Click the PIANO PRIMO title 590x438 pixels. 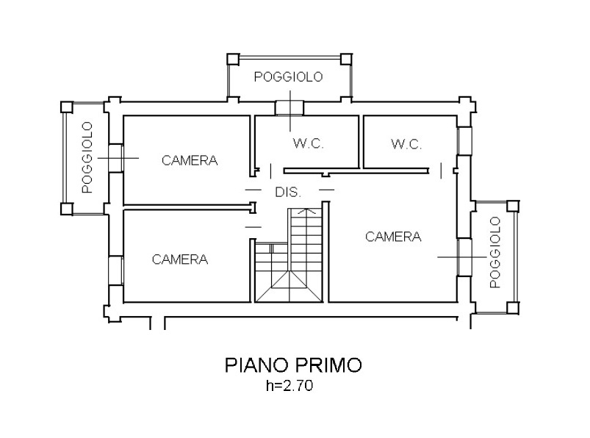[293, 365]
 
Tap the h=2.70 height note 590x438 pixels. [289, 386]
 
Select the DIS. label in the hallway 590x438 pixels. [288, 193]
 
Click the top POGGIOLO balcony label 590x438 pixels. [288, 76]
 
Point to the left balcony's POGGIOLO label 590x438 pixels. [87, 157]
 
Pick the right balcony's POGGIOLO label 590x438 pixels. [495, 253]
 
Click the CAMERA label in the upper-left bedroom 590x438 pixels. [190, 161]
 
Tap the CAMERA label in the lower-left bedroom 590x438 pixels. [180, 259]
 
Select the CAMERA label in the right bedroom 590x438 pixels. [393, 237]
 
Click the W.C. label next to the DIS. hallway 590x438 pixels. [308, 143]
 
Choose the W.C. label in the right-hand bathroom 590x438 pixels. [406, 144]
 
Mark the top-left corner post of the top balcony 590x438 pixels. [234, 59]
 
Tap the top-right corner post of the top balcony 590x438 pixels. [346, 59]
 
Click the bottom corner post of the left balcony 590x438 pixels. [67, 209]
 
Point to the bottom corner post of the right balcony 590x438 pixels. [513, 308]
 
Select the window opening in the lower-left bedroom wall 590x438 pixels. [116, 270]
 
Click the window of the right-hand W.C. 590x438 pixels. [464, 140]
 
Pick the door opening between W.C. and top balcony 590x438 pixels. [289, 108]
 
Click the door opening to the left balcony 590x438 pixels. [116, 158]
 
